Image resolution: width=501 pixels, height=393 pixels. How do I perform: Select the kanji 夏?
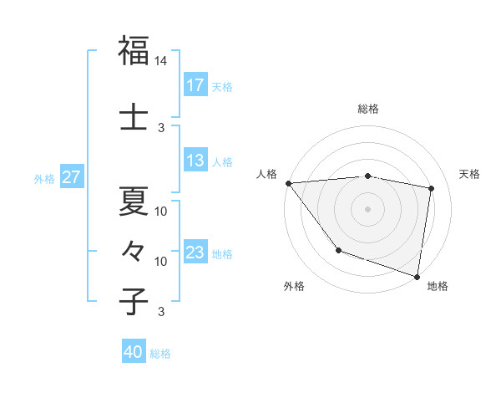point(134,201)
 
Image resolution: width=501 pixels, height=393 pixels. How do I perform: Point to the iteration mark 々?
point(134,250)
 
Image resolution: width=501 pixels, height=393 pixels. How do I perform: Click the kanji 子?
point(134,301)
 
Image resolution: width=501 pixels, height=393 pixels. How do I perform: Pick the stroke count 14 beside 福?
point(161,62)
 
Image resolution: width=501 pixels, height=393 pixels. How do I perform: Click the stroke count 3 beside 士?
point(161,128)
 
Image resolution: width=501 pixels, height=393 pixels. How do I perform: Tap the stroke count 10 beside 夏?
point(161,212)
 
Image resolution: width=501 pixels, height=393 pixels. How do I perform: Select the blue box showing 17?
point(195,85)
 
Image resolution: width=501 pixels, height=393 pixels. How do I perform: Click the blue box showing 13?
point(195,161)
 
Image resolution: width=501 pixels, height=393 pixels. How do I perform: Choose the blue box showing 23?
point(195,253)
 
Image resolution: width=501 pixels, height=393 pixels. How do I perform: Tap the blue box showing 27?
point(72,177)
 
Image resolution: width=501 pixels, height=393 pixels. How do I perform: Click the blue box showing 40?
point(134,353)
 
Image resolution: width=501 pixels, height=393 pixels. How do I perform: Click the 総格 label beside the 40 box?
point(160,354)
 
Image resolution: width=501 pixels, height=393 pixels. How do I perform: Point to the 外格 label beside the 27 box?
point(44,178)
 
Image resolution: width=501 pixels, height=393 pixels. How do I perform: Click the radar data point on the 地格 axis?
point(417,276)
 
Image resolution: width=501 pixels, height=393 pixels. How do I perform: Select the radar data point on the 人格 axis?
point(288,183)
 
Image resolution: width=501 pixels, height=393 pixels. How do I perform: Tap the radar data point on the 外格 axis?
point(338,249)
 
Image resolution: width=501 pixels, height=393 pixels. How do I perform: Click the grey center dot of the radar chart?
point(367,208)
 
